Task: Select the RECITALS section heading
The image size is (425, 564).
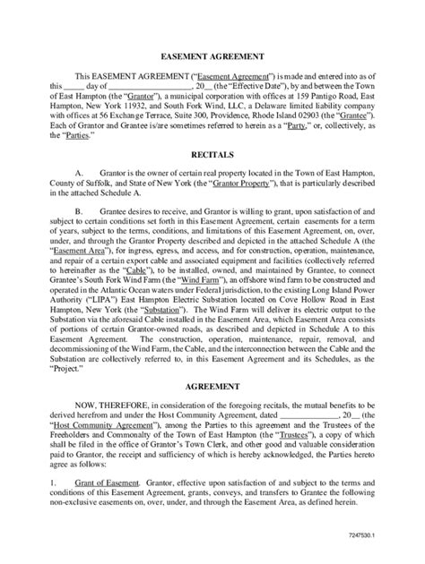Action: [212, 154]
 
